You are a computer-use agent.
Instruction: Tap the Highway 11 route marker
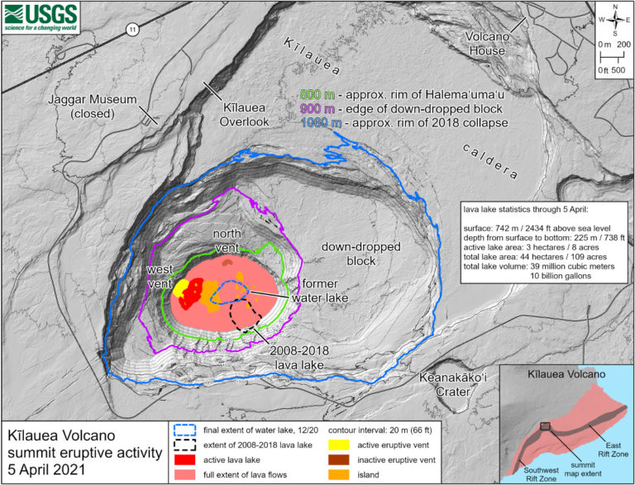[x=132, y=30]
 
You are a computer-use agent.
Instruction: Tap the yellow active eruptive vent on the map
[x=179, y=288]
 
